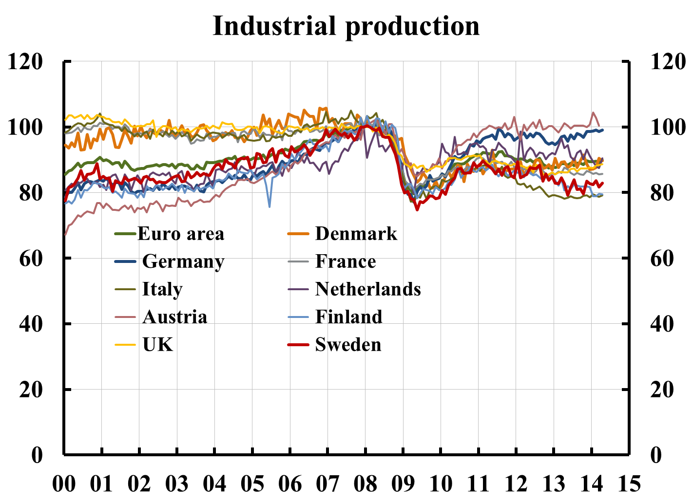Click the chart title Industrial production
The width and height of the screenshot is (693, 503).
click(x=346, y=26)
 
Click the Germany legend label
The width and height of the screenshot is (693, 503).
click(x=183, y=261)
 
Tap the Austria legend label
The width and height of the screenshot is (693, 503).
click(x=175, y=317)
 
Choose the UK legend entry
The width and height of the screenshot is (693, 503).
click(x=158, y=345)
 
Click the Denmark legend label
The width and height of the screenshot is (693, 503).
click(x=356, y=234)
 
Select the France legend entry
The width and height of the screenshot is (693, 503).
click(x=346, y=261)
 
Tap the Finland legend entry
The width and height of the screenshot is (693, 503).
click(x=349, y=317)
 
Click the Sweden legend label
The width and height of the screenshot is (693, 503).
click(x=348, y=345)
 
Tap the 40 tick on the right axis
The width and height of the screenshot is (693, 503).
click(x=662, y=324)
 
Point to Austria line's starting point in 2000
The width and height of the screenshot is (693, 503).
click(x=65, y=235)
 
